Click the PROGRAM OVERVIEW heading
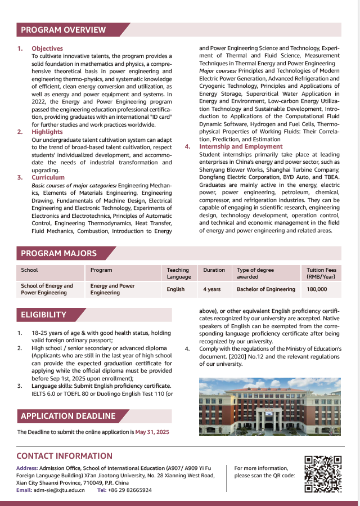click(x=64, y=30)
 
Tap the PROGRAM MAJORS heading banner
click(x=59, y=253)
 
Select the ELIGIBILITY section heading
click(x=44, y=315)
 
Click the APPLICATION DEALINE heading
click(x=68, y=416)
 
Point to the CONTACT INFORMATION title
click(x=64, y=456)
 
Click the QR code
click(x=323, y=474)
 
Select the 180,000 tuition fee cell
click(x=317, y=289)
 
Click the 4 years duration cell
click(x=212, y=289)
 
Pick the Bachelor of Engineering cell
click(x=266, y=289)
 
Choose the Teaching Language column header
click(x=178, y=273)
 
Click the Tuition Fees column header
click(x=321, y=273)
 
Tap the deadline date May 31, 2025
click(x=152, y=432)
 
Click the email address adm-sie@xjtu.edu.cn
click(x=59, y=490)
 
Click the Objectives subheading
click(x=47, y=49)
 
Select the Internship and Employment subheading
click(x=241, y=146)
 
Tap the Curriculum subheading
click(x=48, y=177)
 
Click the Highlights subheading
click(x=47, y=132)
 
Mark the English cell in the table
click(x=175, y=289)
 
